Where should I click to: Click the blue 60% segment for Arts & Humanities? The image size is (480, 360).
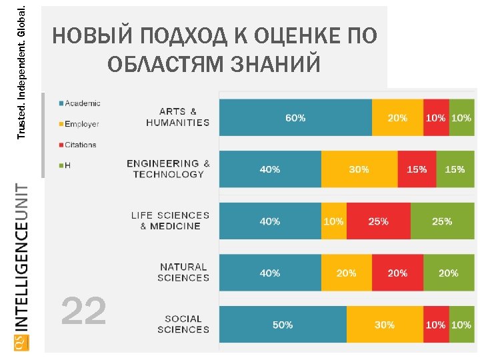[295, 117]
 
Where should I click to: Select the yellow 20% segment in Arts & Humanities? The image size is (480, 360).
[397, 117]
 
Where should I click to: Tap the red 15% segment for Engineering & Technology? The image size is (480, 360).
[417, 169]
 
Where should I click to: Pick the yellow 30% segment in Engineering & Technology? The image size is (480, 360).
[359, 169]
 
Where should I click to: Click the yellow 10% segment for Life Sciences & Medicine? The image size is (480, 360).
[333, 221]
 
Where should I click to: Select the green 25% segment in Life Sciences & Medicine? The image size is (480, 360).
[442, 221]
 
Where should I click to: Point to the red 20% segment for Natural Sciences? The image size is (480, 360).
[397, 273]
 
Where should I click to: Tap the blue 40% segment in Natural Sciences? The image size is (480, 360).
[270, 273]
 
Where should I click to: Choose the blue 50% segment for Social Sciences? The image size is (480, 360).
[283, 325]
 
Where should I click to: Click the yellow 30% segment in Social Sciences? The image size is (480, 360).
[384, 325]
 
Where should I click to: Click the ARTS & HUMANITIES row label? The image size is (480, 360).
[177, 117]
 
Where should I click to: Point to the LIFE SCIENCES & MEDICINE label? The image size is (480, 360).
[170, 221]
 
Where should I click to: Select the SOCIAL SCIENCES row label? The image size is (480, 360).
[183, 324]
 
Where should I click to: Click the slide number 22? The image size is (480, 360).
[83, 311]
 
